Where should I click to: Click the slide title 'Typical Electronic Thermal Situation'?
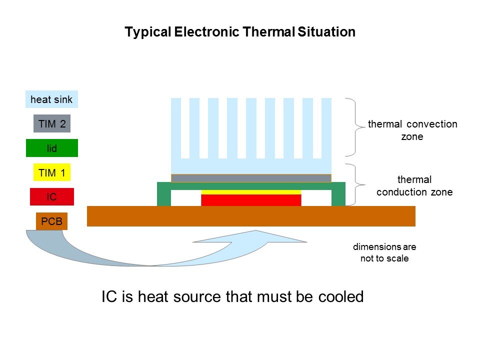(x=240, y=32)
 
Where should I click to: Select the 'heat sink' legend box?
(x=51, y=99)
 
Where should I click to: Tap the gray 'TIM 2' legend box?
(x=52, y=123)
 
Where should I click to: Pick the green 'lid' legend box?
(x=52, y=148)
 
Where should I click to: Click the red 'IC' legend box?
(x=52, y=197)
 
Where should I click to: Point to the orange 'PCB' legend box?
(x=52, y=221)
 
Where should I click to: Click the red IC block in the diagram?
(x=251, y=200)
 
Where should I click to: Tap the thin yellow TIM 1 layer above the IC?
(x=251, y=192)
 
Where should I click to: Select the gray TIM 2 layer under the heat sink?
(x=251, y=178)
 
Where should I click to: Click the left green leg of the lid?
(x=164, y=196)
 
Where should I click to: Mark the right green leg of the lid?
(x=338, y=196)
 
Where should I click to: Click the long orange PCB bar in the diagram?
(x=251, y=216)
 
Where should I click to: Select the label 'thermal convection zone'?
(x=412, y=130)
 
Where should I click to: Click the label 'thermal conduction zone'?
(x=414, y=185)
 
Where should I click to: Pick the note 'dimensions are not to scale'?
(x=384, y=252)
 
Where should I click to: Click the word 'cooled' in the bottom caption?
(x=340, y=297)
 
